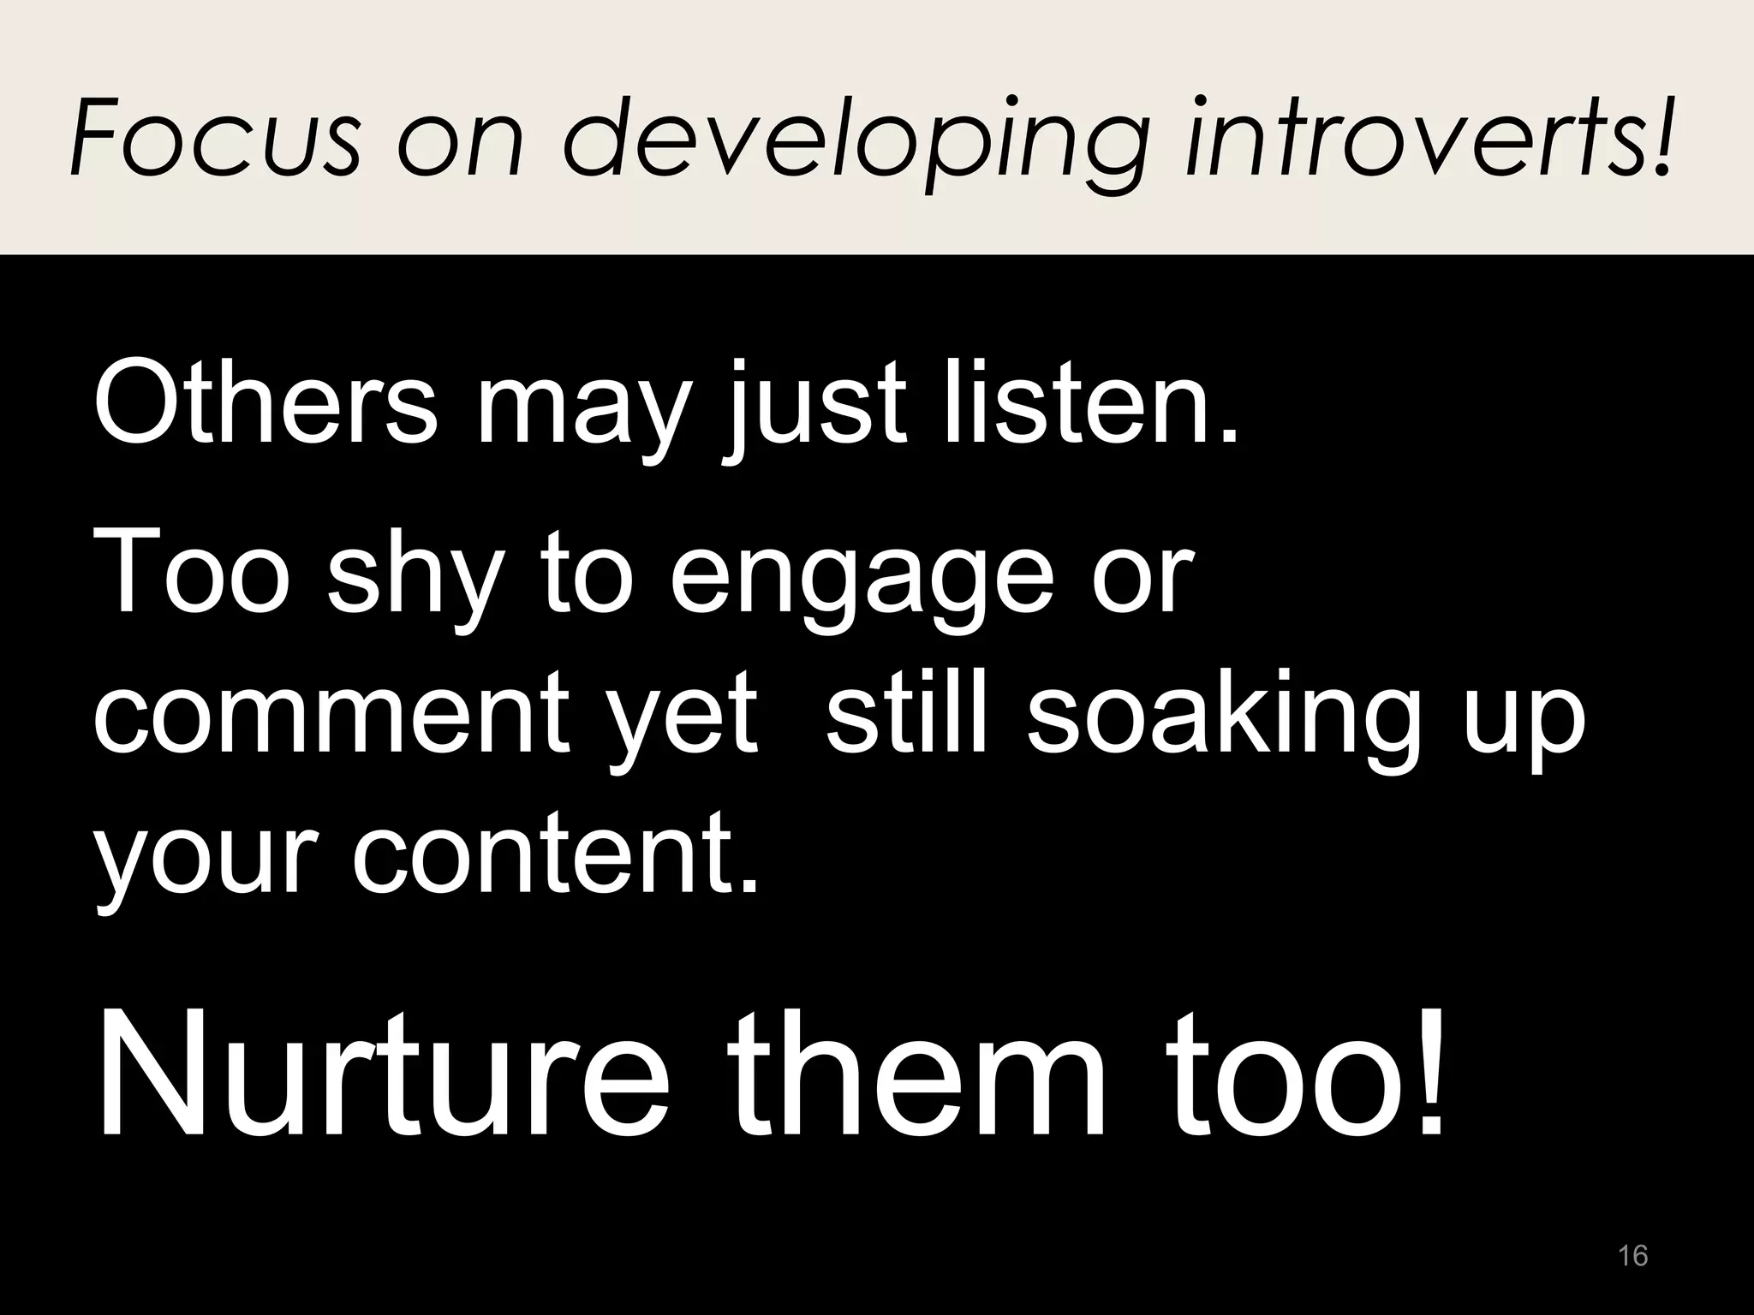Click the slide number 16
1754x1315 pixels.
click(x=1633, y=1255)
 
